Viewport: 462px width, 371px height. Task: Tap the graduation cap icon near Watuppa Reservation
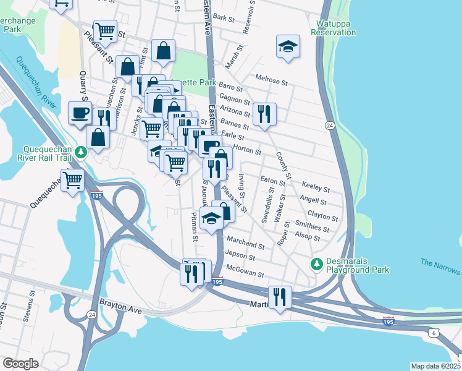point(288,47)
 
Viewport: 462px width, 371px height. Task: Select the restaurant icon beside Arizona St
point(264,113)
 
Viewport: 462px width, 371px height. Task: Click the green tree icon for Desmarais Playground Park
point(317,264)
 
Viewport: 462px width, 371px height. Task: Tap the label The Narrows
point(440,267)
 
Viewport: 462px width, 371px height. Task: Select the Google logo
point(20,364)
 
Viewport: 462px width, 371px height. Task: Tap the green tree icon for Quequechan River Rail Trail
point(80,151)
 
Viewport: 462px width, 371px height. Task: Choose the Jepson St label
point(240,256)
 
